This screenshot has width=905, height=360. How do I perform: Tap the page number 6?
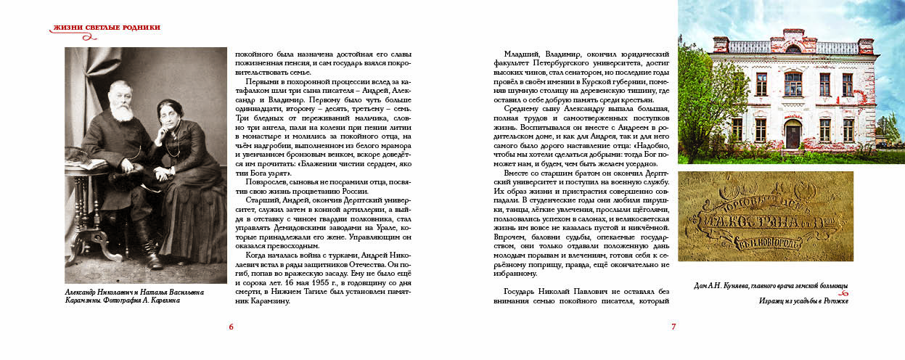click(231, 327)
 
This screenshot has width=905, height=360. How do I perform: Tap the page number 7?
click(673, 327)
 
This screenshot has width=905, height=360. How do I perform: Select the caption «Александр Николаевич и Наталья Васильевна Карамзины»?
click(134, 297)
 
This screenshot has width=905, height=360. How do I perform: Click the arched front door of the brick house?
click(792, 134)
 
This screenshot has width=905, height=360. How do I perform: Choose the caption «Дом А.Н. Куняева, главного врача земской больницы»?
click(766, 287)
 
